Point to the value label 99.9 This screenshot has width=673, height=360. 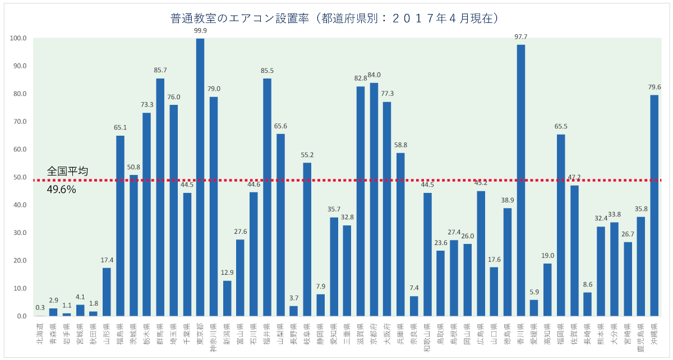(x=200, y=31)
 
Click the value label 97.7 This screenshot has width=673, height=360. (x=520, y=37)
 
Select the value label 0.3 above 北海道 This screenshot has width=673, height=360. (x=40, y=307)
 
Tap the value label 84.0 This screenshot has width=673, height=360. (x=374, y=75)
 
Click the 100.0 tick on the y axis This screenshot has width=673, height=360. (x=18, y=39)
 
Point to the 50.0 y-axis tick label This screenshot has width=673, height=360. (x=19, y=177)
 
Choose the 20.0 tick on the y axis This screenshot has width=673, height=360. (x=19, y=261)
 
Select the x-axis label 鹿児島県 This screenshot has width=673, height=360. (x=640, y=336)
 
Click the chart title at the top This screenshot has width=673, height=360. (x=334, y=19)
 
